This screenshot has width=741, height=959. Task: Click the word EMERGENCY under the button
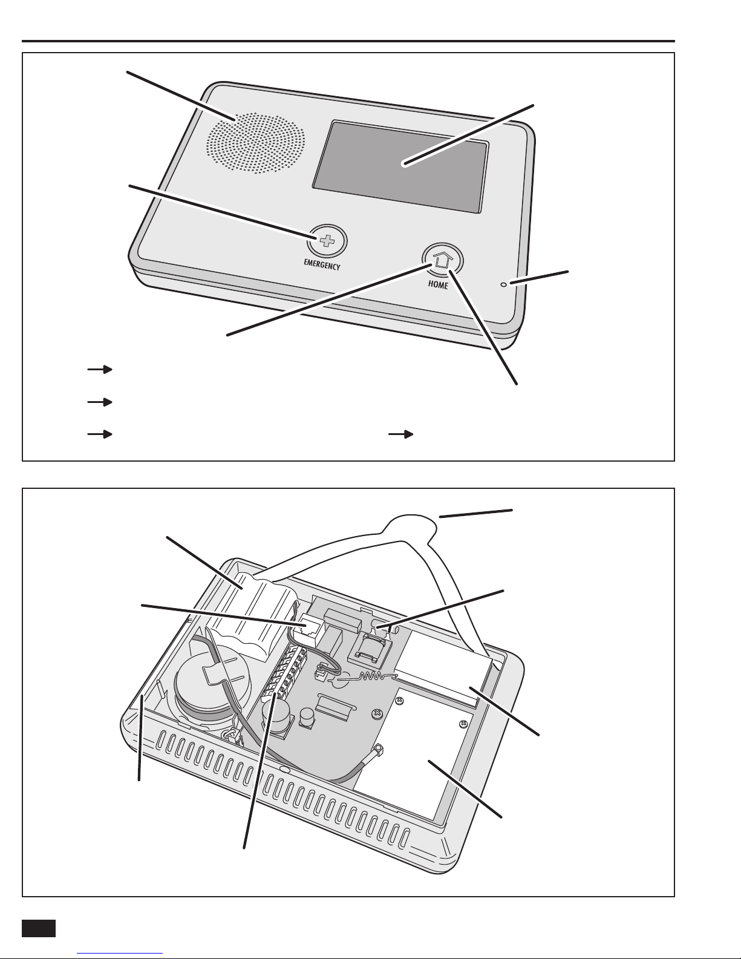tap(322, 265)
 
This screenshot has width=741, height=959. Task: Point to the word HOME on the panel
tap(437, 285)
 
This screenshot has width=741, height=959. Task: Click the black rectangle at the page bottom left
tap(39, 928)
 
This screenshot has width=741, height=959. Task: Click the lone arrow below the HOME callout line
tap(400, 434)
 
